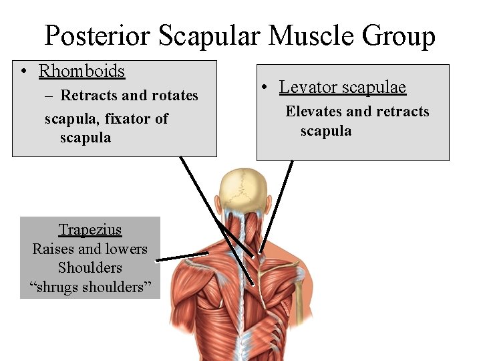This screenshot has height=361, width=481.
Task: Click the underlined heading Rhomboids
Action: point(82,70)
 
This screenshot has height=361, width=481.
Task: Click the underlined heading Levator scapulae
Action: point(342,87)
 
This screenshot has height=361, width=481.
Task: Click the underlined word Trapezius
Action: point(90,230)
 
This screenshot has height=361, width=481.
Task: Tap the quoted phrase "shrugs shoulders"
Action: point(90,287)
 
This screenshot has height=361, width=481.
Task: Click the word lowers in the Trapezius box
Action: point(127,249)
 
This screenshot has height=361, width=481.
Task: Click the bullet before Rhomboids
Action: point(23,72)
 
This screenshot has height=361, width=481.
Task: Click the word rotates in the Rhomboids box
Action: point(176,96)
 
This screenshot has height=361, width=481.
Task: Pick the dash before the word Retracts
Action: point(50,96)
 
